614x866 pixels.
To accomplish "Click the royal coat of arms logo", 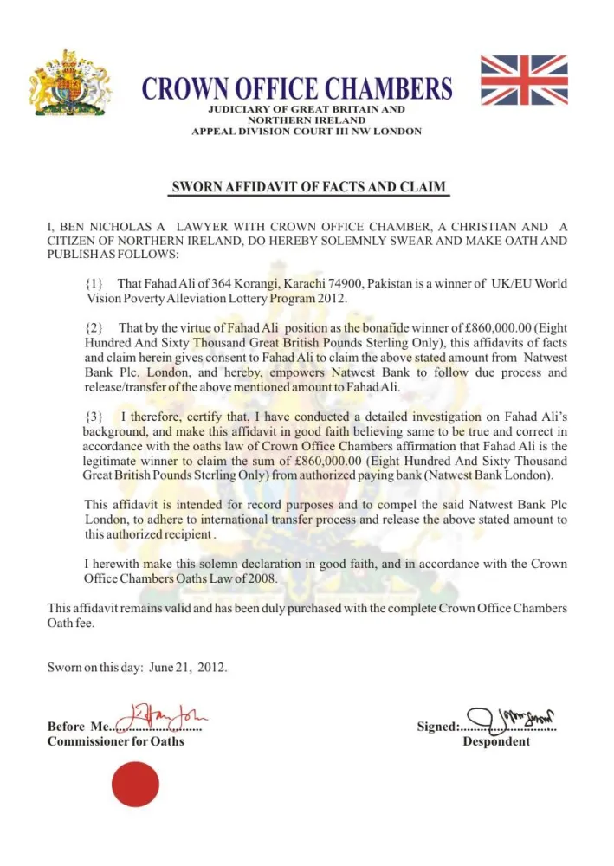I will click(74, 83).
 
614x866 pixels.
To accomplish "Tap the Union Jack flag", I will click(523, 80).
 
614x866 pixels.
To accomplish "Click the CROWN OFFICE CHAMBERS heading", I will click(296, 88).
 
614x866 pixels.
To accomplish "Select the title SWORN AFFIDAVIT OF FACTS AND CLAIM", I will click(307, 187).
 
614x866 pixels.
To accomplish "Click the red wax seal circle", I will click(136, 783).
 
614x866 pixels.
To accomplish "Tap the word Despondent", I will click(496, 741).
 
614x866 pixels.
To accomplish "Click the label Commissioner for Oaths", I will click(115, 741).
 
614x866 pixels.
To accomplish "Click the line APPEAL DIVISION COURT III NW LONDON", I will click(307, 132).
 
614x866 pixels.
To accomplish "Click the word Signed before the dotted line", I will click(437, 727).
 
